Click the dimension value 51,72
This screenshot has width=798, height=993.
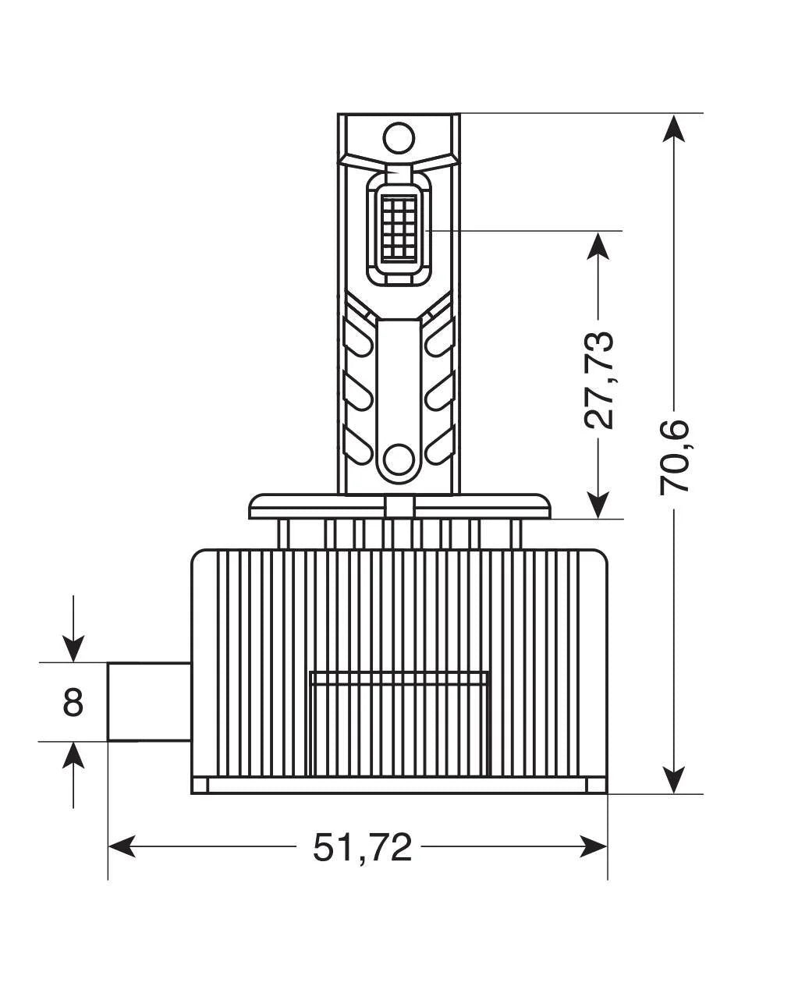click(x=362, y=847)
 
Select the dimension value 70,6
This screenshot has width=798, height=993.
click(x=675, y=456)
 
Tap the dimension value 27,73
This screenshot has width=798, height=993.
click(x=599, y=380)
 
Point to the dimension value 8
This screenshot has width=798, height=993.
click(x=73, y=702)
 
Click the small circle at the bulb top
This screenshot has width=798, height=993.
click(x=399, y=138)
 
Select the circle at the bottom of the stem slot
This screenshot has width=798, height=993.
click(x=399, y=459)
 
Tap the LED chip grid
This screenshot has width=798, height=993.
click(x=399, y=226)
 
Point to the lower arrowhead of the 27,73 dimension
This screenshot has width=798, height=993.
click(x=598, y=504)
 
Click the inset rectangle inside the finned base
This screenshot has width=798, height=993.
click(x=399, y=722)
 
